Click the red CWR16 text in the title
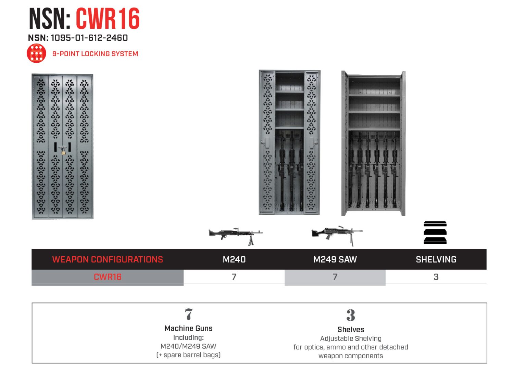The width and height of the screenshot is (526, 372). (x=108, y=19)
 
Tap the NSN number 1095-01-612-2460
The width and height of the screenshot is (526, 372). (x=89, y=38)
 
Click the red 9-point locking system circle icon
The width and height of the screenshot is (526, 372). (x=36, y=53)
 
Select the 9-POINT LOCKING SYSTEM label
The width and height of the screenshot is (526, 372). (x=95, y=54)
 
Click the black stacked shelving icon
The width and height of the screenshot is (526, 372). (x=435, y=233)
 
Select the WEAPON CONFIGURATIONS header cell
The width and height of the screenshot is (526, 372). (x=108, y=259)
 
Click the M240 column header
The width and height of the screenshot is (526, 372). (x=234, y=259)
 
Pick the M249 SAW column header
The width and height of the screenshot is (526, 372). (x=335, y=259)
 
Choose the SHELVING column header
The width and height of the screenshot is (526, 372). (x=436, y=259)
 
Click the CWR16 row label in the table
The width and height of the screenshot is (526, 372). (x=108, y=277)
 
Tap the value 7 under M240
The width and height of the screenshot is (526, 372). (x=234, y=277)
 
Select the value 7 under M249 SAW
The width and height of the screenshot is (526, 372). (x=335, y=277)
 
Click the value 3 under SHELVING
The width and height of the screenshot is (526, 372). (x=436, y=277)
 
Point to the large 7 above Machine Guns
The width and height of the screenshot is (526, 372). (x=188, y=314)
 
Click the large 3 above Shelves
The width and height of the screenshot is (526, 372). (x=351, y=315)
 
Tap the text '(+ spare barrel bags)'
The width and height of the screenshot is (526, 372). (x=188, y=355)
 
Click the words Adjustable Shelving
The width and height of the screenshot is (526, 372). (x=351, y=338)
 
